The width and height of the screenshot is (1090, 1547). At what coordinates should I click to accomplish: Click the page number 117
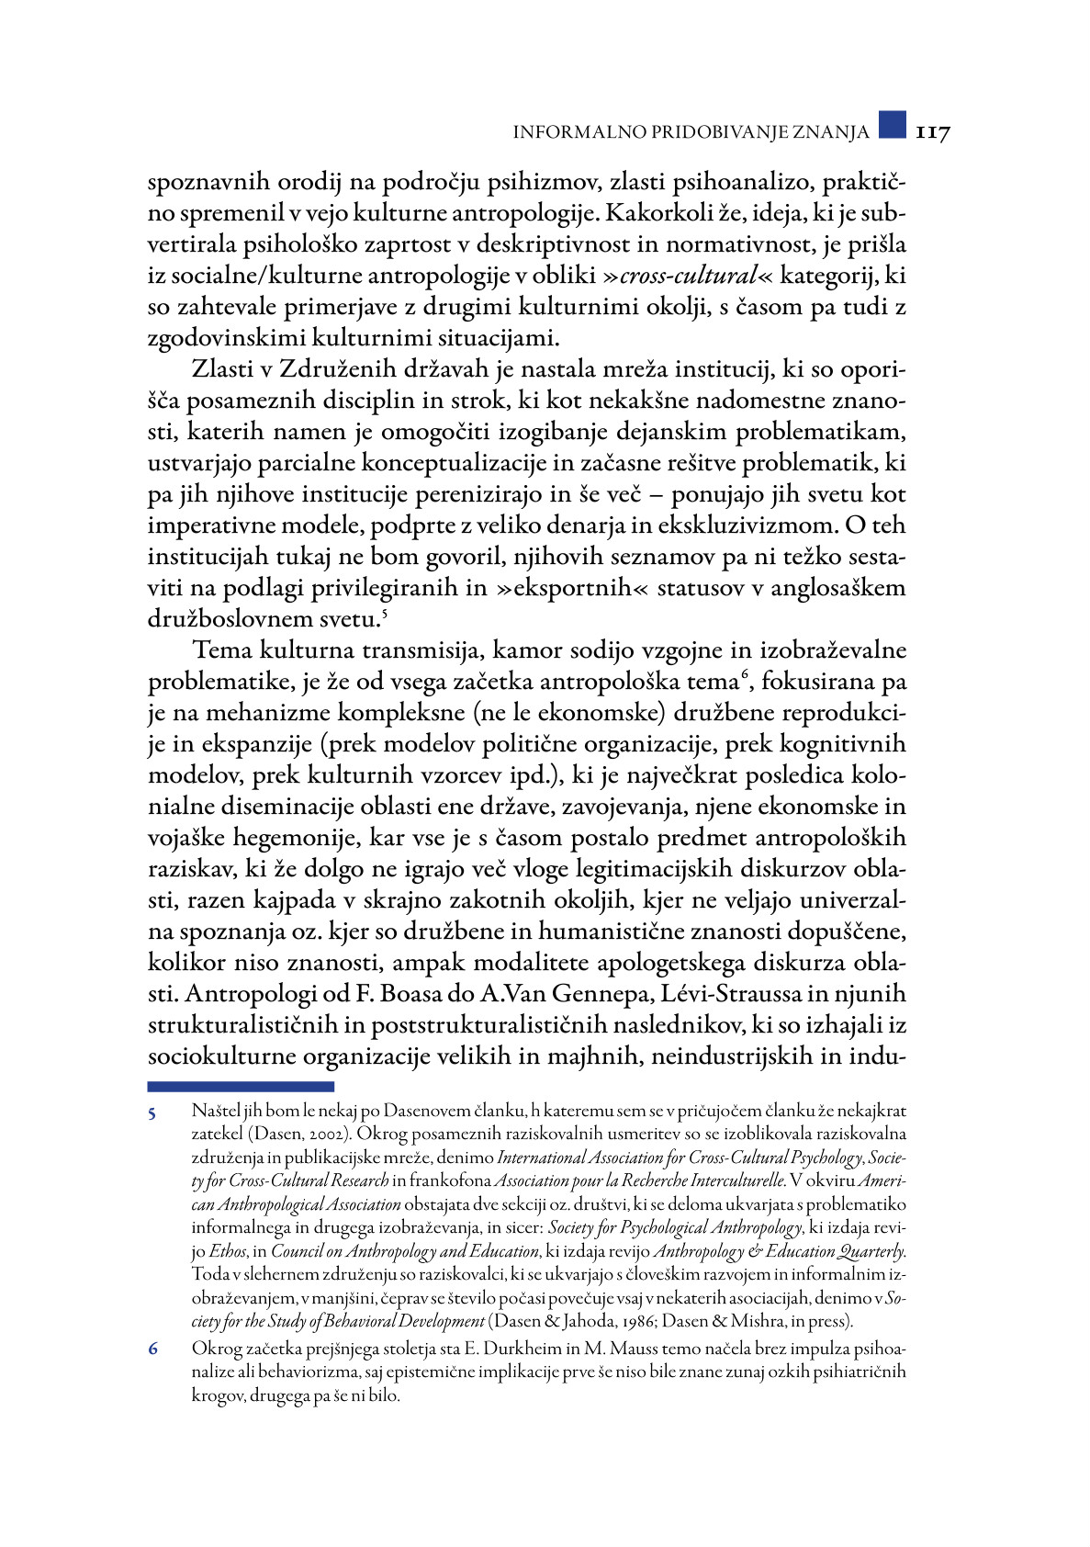(932, 133)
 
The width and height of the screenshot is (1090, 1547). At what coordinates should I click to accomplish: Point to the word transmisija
(422, 650)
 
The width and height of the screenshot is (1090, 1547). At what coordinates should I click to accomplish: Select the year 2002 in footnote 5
(323, 1135)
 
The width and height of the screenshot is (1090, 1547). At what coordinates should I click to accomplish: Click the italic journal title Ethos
(228, 1251)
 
